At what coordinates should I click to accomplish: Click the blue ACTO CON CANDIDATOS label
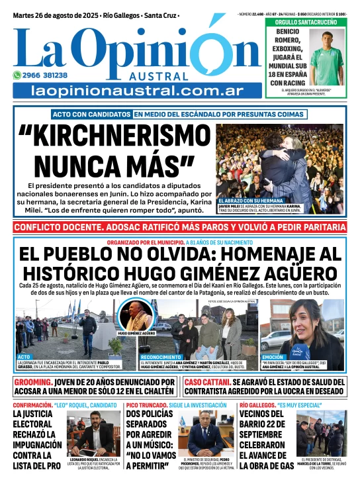click(x=91, y=114)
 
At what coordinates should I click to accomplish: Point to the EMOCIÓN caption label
click(x=274, y=357)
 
